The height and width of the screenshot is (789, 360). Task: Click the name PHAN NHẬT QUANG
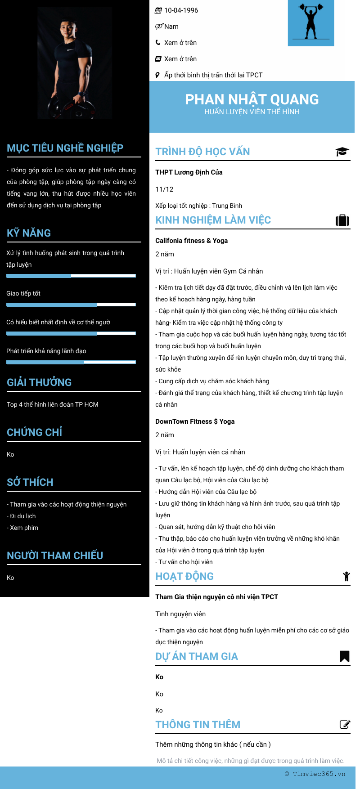pos(252,99)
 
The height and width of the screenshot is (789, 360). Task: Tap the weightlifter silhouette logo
pos(311,22)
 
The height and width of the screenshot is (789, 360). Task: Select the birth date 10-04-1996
pos(181,10)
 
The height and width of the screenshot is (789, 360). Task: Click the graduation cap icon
pos(342,152)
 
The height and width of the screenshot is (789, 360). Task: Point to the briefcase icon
pos(342,220)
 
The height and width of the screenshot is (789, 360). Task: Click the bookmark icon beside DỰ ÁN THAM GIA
pos(344,656)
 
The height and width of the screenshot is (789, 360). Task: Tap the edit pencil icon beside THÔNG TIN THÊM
pos(345,725)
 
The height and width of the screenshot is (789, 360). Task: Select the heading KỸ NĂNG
pos(29,233)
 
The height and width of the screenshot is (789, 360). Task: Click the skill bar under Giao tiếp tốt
pos(71,305)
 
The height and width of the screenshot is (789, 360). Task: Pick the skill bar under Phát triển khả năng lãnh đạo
pos(71,362)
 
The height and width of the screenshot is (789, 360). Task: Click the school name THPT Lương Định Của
pos(189,172)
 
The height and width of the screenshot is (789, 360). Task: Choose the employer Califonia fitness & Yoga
pos(192,241)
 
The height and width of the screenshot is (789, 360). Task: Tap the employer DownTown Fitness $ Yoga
pos(195,421)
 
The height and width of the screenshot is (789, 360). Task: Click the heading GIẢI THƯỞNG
pos(39,382)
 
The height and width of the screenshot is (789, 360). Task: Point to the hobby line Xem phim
pos(24,528)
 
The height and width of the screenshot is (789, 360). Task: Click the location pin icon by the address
pos(157,75)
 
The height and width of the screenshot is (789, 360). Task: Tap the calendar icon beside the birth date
pos(158,10)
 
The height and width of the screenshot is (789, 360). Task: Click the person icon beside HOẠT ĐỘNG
pos(346,576)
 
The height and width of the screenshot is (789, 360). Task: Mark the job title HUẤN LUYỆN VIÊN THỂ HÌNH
pos(252,112)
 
